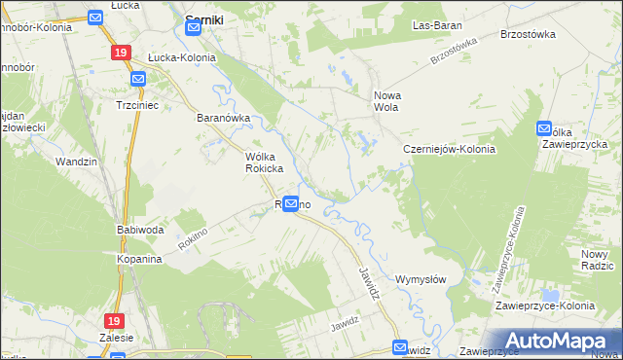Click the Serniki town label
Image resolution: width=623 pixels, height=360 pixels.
pos(206,18)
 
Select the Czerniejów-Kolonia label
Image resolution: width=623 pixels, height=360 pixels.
pos(450,149)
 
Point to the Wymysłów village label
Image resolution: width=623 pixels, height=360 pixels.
pos(421,279)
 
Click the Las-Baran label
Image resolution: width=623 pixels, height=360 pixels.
pos(436,24)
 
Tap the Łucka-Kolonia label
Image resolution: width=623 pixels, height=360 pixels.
pos(182,57)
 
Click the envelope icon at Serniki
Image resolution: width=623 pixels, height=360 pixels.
pos(194,28)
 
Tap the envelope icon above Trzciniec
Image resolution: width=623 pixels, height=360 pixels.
pos(137,79)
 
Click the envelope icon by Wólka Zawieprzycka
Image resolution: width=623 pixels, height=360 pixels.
pos(543,128)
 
